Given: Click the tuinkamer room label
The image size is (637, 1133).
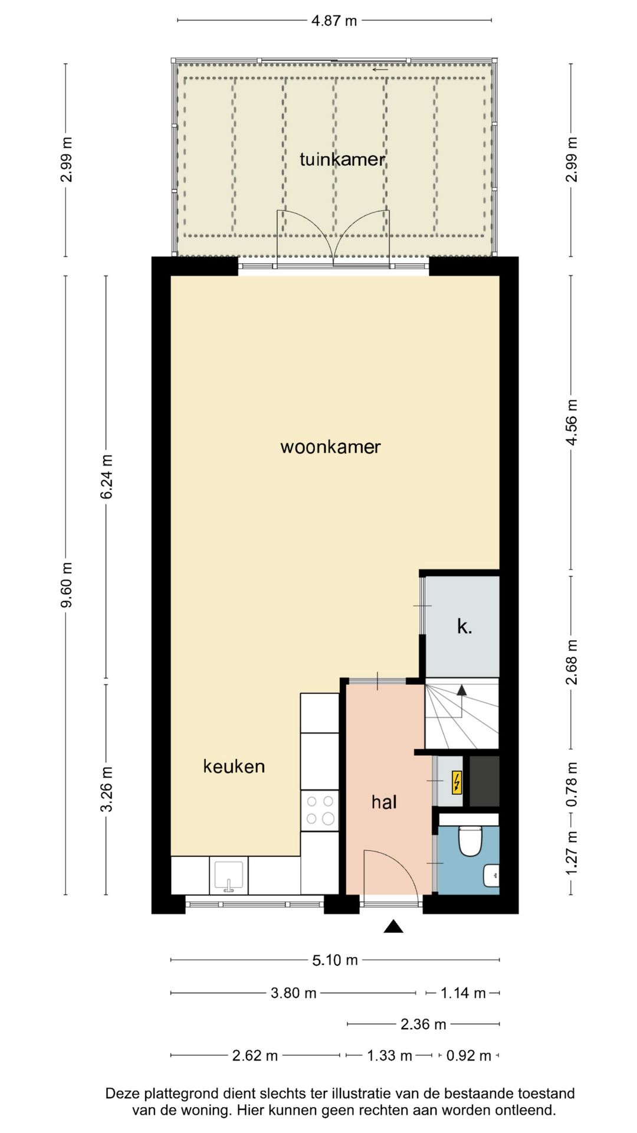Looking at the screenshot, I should [x=342, y=159].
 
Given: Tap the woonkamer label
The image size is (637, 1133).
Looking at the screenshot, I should [x=330, y=447].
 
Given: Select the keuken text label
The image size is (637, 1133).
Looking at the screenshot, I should [x=234, y=767].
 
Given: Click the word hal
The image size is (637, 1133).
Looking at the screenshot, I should [x=384, y=802].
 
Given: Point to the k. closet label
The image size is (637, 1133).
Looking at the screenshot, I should [x=464, y=627].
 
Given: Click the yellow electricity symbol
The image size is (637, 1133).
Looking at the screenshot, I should [x=457, y=782].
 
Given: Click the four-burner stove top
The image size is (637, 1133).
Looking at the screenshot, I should [x=320, y=810].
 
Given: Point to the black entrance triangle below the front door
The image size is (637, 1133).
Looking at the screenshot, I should [x=393, y=927].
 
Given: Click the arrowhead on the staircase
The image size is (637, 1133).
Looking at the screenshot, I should [x=461, y=690].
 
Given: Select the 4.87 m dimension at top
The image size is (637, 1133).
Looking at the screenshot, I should [x=334, y=21].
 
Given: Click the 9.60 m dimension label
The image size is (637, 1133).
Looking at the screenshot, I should [x=67, y=584].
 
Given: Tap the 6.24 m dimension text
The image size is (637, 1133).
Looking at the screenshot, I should [x=106, y=477].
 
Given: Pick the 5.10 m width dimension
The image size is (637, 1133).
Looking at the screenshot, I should [x=335, y=960].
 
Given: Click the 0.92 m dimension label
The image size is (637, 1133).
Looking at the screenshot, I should [x=468, y=1056].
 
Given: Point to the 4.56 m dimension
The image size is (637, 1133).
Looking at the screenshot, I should [x=571, y=423].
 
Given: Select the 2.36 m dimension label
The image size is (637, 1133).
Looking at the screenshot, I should [x=423, y=1024].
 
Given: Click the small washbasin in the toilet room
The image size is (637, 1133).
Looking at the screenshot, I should [x=492, y=875].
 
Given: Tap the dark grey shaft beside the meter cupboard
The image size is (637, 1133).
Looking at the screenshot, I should [x=484, y=781].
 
